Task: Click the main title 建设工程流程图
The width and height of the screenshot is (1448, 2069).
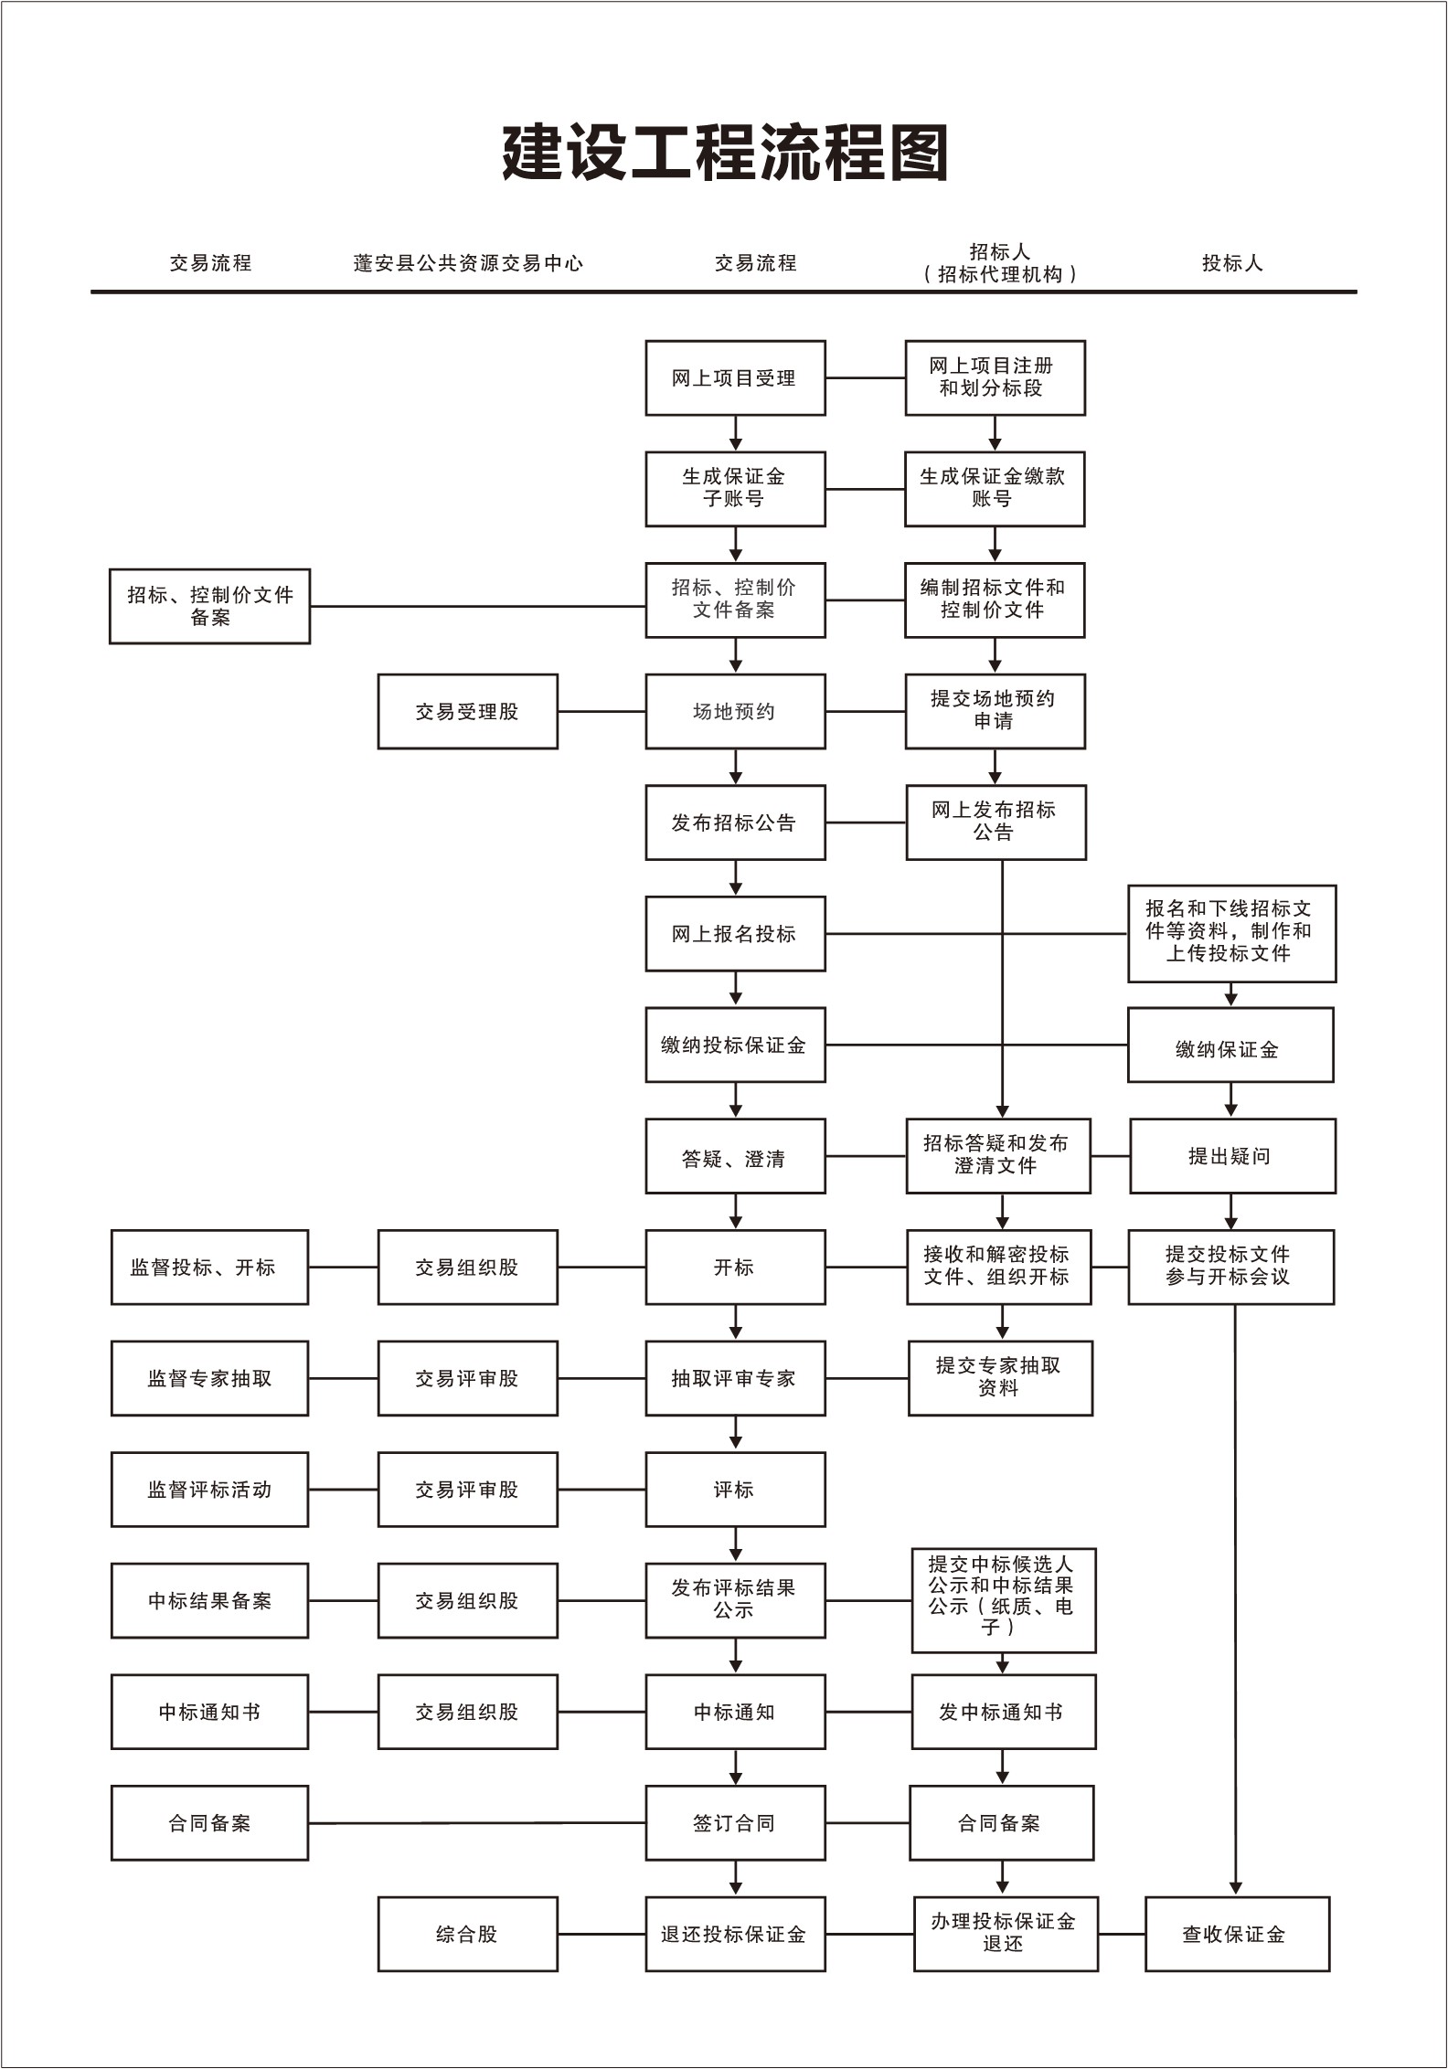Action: point(725,153)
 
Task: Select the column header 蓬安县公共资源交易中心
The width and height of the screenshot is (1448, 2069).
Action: point(468,263)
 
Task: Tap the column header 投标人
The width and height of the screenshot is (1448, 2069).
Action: point(1232,263)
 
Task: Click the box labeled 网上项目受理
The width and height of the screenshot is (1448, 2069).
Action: point(735,378)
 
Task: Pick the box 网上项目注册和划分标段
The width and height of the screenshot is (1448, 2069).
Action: point(995,378)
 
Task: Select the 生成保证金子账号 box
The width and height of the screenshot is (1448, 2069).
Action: point(735,489)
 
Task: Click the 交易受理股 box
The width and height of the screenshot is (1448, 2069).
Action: point(467,712)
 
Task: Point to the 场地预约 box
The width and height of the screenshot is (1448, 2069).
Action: point(735,712)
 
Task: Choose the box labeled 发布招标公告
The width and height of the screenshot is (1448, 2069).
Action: point(735,822)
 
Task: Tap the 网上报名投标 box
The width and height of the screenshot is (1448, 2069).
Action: point(735,934)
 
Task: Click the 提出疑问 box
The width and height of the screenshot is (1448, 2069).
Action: point(1232,1156)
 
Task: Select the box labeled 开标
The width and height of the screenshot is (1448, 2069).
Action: point(735,1268)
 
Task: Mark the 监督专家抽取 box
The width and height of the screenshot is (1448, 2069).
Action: point(209,1379)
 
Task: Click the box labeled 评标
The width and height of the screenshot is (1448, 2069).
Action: point(735,1490)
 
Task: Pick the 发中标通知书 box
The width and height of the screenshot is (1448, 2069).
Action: point(1003,1713)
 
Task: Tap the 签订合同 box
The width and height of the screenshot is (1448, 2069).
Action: point(735,1823)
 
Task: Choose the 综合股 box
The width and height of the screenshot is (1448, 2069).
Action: point(467,1935)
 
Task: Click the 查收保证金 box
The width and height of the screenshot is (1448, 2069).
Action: point(1237,1935)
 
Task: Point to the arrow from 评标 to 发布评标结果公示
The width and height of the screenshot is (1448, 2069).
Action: point(736,1545)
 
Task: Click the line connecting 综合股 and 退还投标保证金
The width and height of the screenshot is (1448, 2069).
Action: point(602,1935)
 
